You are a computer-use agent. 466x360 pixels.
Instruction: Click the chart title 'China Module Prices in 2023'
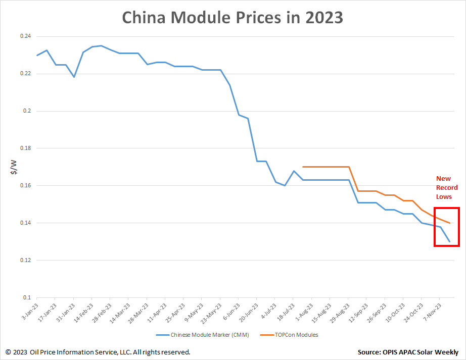(x=233, y=18)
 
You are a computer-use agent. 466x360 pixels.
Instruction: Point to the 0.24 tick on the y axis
(x=25, y=36)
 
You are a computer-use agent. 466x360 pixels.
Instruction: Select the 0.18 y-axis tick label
(x=25, y=148)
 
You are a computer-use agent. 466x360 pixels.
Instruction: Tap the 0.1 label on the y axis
(x=26, y=297)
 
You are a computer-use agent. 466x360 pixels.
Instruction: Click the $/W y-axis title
(x=14, y=167)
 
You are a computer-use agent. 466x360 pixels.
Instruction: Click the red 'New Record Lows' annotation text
(x=447, y=187)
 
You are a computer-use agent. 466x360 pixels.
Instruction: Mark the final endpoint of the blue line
(x=449, y=241)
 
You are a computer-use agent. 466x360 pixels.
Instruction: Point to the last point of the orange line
(x=449, y=223)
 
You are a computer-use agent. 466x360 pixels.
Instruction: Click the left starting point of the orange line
(x=303, y=167)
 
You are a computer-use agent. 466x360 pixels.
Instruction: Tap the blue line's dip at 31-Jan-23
(x=74, y=77)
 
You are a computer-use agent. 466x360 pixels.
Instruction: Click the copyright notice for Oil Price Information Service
(x=98, y=352)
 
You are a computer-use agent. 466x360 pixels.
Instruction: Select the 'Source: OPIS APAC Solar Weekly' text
(x=408, y=352)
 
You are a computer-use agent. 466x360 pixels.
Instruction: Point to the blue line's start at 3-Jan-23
(x=37, y=55)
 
